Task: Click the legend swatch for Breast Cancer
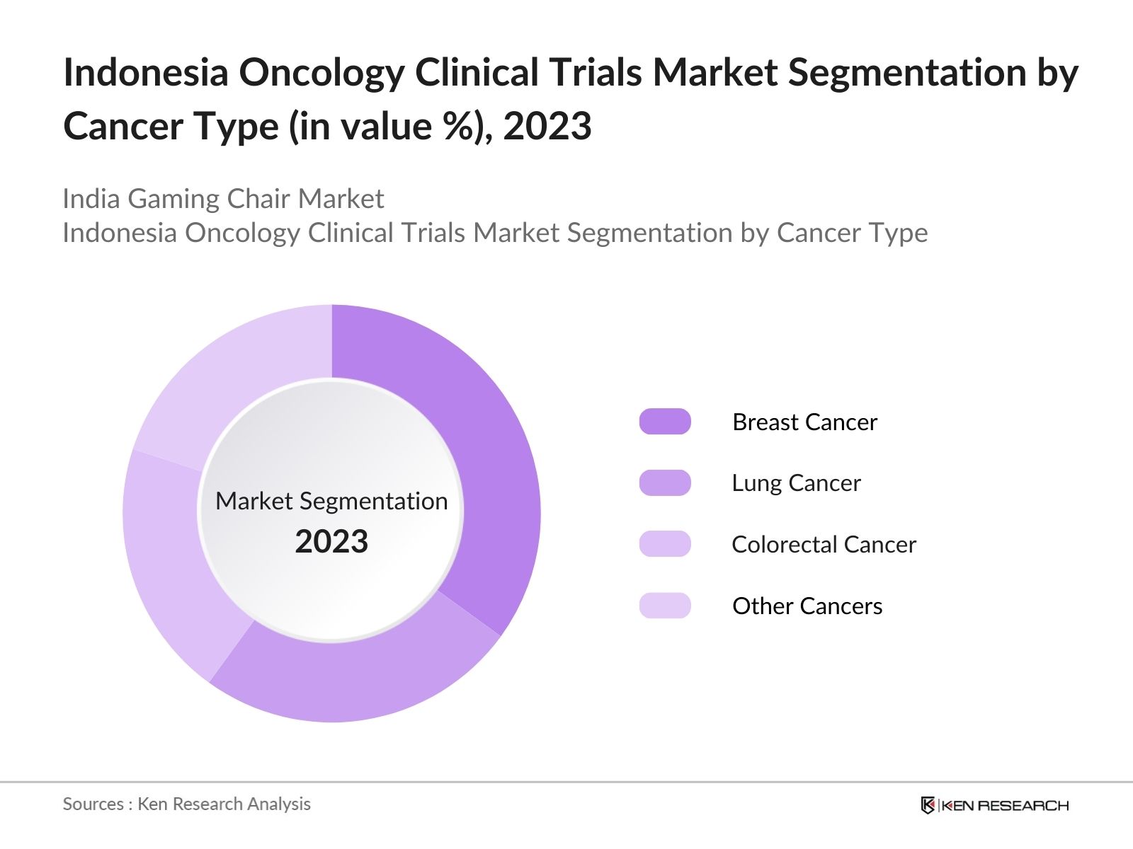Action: pyautogui.click(x=665, y=422)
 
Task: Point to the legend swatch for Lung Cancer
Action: pyautogui.click(x=665, y=483)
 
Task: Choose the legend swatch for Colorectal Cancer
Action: pyautogui.click(x=665, y=544)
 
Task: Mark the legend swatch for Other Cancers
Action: pyautogui.click(x=665, y=606)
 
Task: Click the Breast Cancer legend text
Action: pyautogui.click(x=804, y=422)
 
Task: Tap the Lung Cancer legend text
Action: pyautogui.click(x=796, y=483)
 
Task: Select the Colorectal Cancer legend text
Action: pyautogui.click(x=824, y=545)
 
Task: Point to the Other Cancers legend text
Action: pyautogui.click(x=807, y=606)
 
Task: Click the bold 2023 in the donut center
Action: pyautogui.click(x=331, y=542)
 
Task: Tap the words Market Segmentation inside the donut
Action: pyautogui.click(x=331, y=501)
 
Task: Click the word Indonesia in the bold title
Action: pyautogui.click(x=146, y=72)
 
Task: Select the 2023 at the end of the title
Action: pyautogui.click(x=547, y=127)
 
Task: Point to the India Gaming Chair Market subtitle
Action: pyautogui.click(x=223, y=199)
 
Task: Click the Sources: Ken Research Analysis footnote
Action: pyautogui.click(x=187, y=804)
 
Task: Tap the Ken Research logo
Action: pyautogui.click(x=994, y=805)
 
